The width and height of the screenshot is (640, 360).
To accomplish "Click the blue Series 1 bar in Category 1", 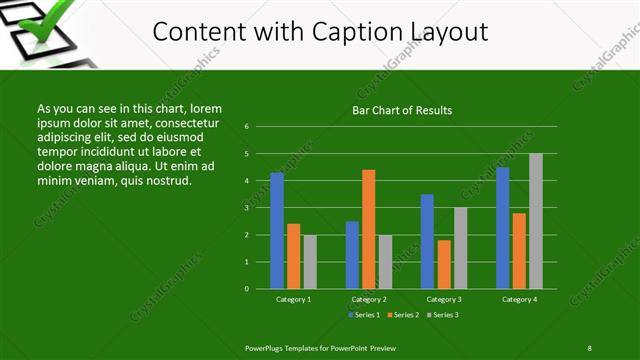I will (x=277, y=231).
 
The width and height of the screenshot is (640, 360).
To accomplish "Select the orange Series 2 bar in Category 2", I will (x=369, y=229).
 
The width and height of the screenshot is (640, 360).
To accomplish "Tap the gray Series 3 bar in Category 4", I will (x=535, y=221).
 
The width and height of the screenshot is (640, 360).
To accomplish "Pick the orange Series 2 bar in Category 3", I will (x=444, y=264).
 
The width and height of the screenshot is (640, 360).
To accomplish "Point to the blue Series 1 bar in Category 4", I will (x=503, y=228).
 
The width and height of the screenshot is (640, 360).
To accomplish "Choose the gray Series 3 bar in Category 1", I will (x=310, y=262).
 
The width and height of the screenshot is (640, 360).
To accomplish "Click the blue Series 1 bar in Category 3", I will (x=427, y=241).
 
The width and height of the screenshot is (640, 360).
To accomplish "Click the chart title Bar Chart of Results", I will (x=403, y=110).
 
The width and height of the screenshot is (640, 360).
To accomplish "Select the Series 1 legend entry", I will (x=361, y=315).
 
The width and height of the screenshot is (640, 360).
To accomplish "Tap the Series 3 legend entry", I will (x=442, y=315).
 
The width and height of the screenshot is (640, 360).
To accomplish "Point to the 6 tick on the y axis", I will (x=246, y=127).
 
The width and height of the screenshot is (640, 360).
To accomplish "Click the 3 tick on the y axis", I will (x=246, y=208).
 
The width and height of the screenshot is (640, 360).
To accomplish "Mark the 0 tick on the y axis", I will (x=246, y=289).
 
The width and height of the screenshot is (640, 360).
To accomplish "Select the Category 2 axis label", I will (x=369, y=299).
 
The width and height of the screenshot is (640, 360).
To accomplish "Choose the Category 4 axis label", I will (x=519, y=299).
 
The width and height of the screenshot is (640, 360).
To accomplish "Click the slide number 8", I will (x=589, y=347).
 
